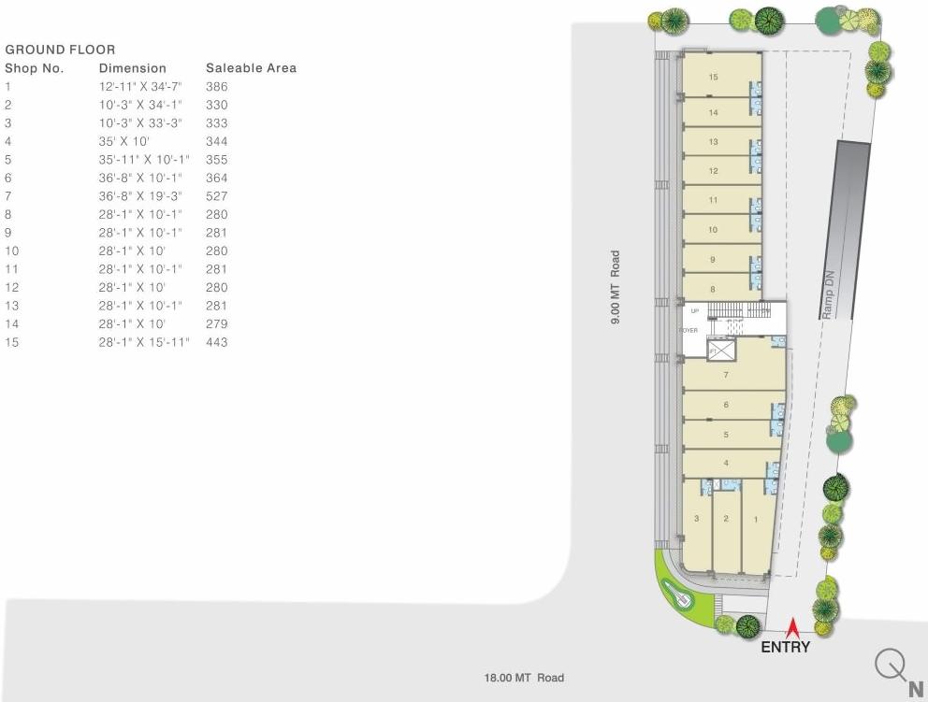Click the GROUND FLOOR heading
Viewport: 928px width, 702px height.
click(x=60, y=50)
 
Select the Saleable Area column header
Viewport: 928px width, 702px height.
click(x=251, y=68)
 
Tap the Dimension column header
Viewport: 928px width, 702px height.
click(x=133, y=68)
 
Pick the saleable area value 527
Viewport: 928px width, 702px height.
click(x=217, y=196)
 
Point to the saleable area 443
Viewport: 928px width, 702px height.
click(x=217, y=342)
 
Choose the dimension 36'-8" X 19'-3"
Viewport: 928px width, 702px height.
click(x=140, y=196)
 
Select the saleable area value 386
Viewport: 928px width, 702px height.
click(x=217, y=87)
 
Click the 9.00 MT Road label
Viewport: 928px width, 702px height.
click(x=616, y=287)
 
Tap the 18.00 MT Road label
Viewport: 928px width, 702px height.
click(x=524, y=678)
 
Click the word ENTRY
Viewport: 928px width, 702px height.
click(x=785, y=647)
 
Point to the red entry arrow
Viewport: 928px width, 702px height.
click(x=792, y=627)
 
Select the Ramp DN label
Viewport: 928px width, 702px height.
click(x=828, y=295)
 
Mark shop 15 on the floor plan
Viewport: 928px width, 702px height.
click(x=713, y=77)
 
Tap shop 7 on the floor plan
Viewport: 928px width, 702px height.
click(x=726, y=375)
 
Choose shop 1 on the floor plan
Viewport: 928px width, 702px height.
click(x=755, y=519)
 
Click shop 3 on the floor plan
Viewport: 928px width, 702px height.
click(x=696, y=519)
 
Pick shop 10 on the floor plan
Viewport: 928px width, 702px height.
click(x=713, y=229)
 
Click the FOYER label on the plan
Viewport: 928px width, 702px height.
click(x=689, y=330)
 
